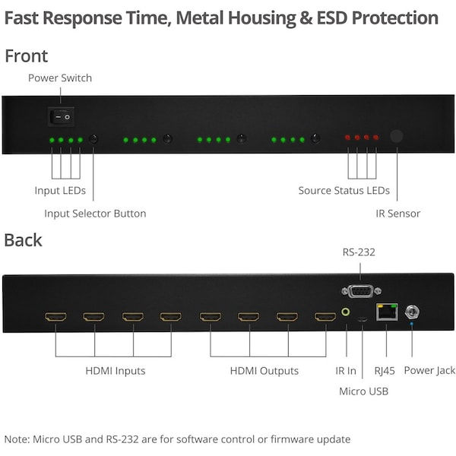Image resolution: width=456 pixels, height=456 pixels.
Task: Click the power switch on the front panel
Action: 60,116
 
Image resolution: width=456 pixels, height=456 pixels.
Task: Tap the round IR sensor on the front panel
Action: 396,137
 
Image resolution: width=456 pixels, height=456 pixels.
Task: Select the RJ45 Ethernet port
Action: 386,312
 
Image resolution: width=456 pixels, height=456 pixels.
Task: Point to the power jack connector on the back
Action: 414,311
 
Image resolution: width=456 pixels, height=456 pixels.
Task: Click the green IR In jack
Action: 347,312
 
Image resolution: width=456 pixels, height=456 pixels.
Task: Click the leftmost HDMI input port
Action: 55,316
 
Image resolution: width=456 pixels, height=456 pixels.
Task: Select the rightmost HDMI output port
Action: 325,316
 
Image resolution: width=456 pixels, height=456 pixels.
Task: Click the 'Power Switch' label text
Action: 59,78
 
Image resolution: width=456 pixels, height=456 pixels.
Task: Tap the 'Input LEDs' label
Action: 60,190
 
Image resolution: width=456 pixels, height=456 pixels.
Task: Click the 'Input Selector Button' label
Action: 95,214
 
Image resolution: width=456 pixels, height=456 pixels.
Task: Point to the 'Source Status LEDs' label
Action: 344,190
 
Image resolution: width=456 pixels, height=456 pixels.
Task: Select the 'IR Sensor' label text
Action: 397,214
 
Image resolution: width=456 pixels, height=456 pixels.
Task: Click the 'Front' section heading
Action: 26,55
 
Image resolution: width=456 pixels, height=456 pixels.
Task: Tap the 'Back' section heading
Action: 23,240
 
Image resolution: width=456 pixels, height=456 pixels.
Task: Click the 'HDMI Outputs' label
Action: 264,371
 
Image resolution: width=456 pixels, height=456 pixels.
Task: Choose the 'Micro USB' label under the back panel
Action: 363,391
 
